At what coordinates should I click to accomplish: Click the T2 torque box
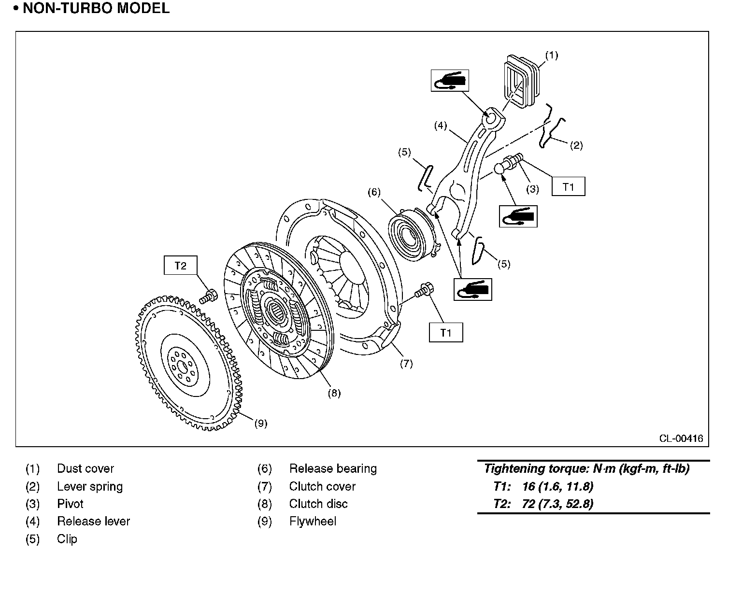(180, 266)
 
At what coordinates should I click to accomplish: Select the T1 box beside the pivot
(568, 186)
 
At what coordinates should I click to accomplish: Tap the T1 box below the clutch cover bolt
(445, 332)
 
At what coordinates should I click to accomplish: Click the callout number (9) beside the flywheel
(260, 424)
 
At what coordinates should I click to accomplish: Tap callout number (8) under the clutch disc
(334, 393)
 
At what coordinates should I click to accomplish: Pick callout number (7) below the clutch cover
(406, 364)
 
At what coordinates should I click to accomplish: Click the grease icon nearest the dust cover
(450, 80)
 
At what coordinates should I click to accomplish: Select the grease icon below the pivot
(518, 216)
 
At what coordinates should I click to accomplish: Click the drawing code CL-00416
(681, 438)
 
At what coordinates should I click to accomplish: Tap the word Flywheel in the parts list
(313, 522)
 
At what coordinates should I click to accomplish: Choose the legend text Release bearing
(333, 469)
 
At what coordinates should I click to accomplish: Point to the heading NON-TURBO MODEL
(96, 8)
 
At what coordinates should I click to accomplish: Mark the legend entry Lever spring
(90, 487)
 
